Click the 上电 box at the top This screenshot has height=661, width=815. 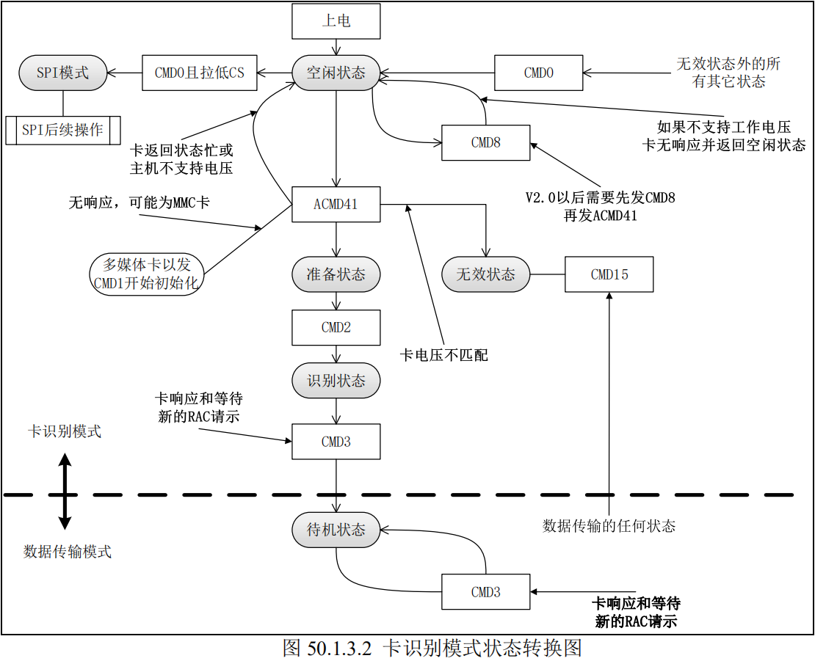[336, 21]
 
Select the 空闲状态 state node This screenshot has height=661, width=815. [336, 73]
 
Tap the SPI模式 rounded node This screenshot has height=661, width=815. [63, 73]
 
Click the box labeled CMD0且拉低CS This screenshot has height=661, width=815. [200, 73]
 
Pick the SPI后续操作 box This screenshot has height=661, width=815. [62, 131]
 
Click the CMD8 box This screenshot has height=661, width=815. [485, 143]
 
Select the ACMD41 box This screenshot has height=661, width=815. [336, 204]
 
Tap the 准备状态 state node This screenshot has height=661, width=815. [336, 274]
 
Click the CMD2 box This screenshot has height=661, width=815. [336, 327]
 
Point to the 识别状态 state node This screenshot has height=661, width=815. [336, 381]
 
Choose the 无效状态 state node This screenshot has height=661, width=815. [486, 274]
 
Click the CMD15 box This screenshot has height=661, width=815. [609, 274]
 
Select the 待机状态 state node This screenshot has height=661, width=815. [336, 530]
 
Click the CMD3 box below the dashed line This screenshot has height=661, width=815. [485, 592]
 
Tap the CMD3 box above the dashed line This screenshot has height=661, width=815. [336, 442]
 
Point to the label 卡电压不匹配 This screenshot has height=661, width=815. [443, 356]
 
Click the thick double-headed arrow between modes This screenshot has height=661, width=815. [65, 491]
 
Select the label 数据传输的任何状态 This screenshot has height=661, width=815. [609, 525]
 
